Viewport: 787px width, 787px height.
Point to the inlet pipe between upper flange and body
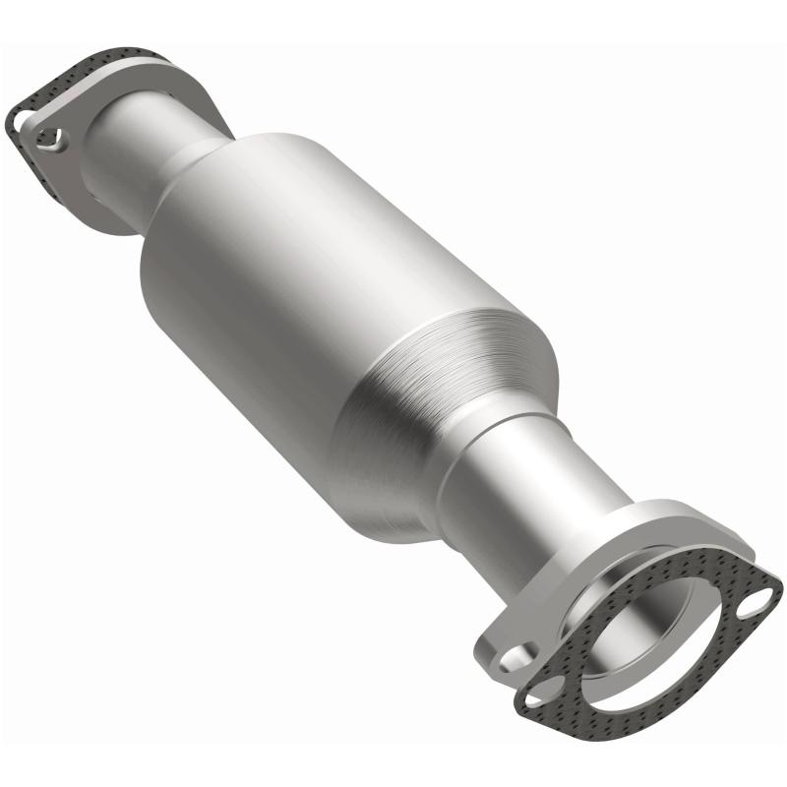point(148,148)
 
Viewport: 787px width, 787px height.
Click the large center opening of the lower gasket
point(649,639)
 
